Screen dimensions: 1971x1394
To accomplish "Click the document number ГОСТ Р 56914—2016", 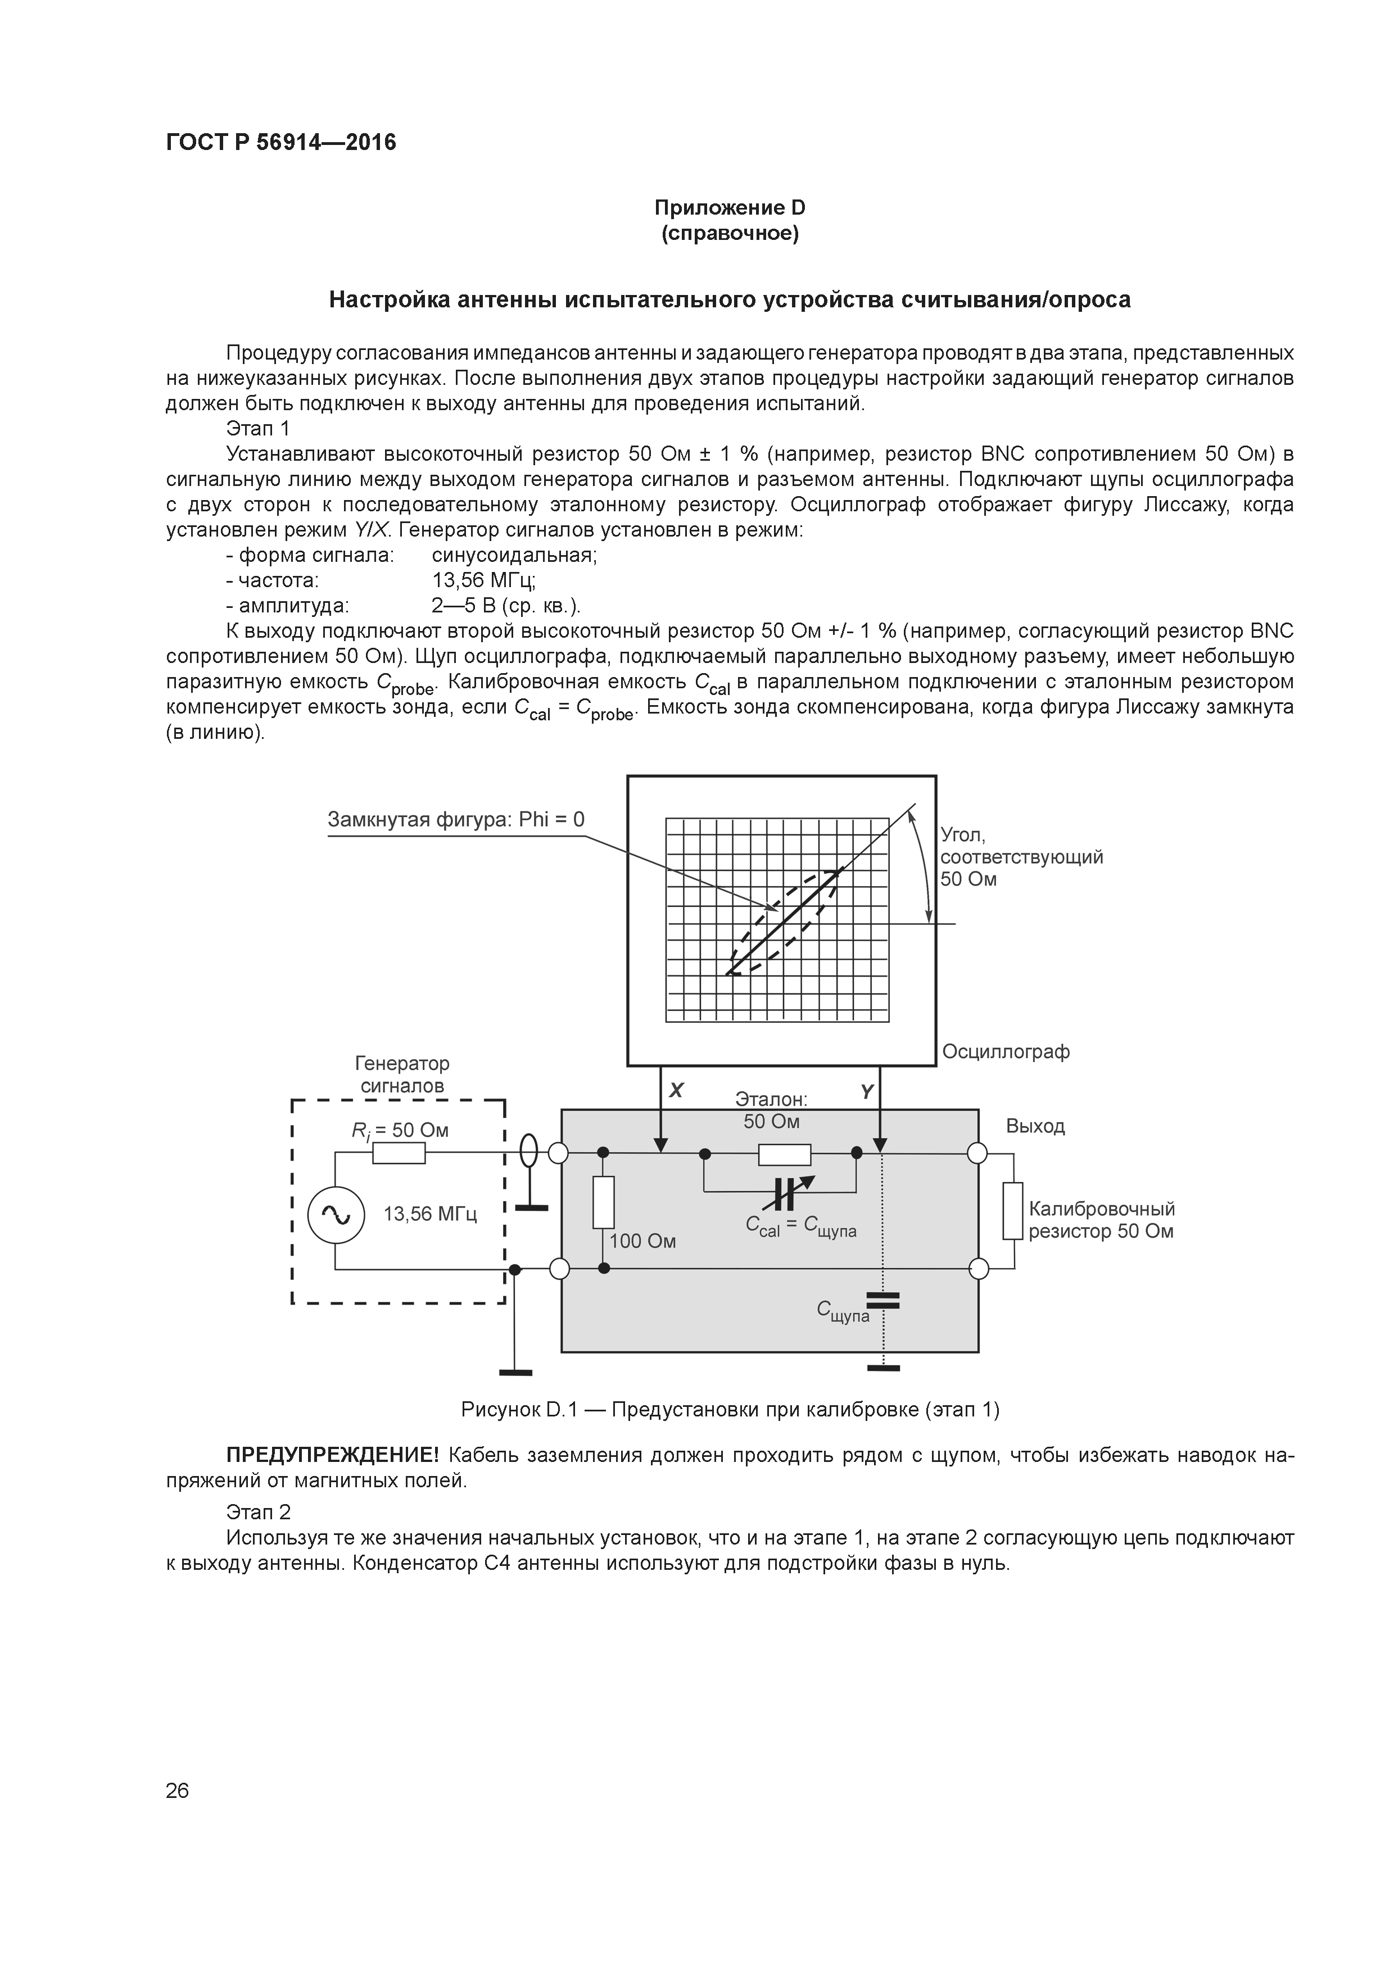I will tap(281, 143).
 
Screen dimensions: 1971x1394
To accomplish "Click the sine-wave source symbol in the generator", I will tap(336, 1214).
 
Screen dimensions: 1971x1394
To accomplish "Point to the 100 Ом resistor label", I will tap(642, 1241).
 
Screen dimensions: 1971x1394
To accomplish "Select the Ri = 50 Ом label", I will tap(400, 1130).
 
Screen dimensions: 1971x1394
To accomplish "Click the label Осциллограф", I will tap(1006, 1052).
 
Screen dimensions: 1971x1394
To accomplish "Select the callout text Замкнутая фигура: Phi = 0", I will tap(455, 820).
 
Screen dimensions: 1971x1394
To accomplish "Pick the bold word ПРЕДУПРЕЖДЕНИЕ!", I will tap(332, 1455).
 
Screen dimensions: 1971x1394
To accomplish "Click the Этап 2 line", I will tap(259, 1512).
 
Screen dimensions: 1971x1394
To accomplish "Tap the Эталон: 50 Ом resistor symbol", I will tap(784, 1155).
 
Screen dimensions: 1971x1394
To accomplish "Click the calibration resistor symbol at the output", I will tap(1013, 1210).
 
